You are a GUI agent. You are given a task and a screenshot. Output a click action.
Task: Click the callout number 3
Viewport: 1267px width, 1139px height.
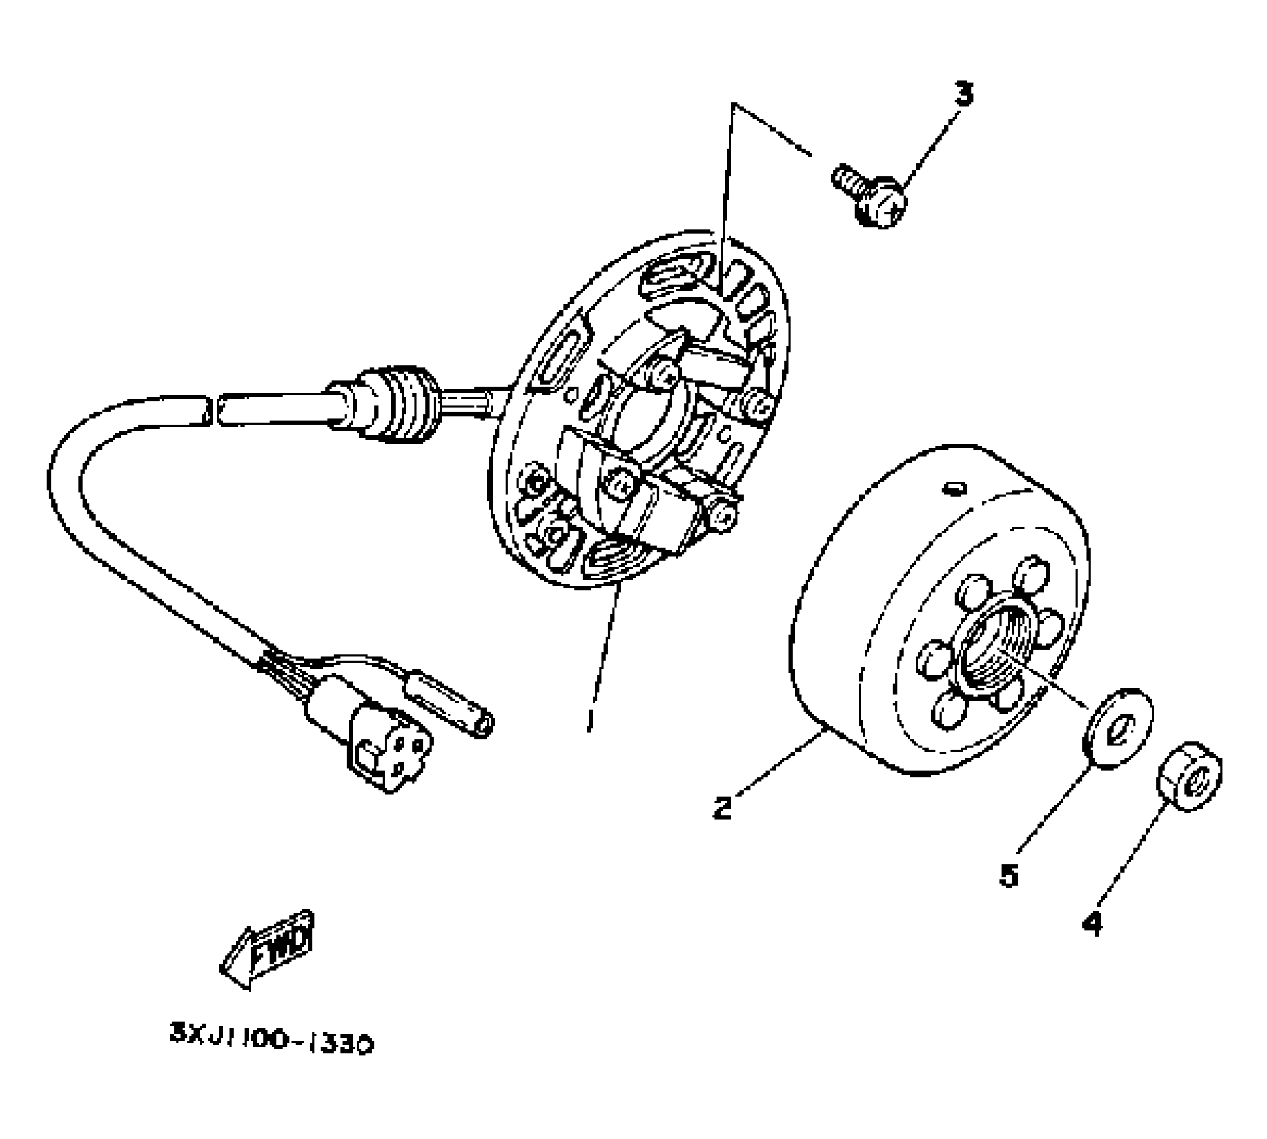(963, 94)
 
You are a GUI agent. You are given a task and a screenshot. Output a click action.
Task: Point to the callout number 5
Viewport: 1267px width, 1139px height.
(1009, 875)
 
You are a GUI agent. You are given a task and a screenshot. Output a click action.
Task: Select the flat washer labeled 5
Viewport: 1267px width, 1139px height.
(1116, 727)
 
